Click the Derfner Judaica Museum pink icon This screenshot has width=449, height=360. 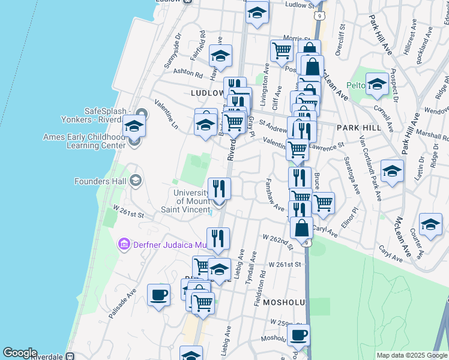(124, 244)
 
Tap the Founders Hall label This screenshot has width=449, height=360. (99, 181)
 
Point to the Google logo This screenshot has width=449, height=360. (20, 353)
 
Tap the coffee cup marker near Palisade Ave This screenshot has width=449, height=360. (158, 295)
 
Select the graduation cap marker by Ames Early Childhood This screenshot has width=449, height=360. (134, 126)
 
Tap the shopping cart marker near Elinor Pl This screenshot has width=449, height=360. (323, 203)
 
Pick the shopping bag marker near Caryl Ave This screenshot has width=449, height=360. (301, 228)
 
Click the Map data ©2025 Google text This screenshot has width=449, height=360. (412, 355)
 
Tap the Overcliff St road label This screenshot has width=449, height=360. (340, 40)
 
